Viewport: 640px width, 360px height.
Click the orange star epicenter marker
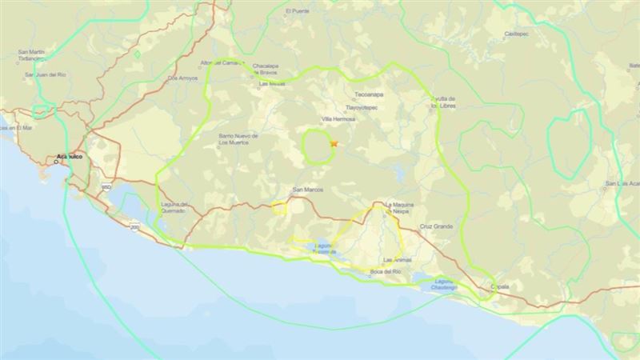pos(334,143)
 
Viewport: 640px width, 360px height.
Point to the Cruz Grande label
pos(437,226)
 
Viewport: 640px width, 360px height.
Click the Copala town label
pos(499,286)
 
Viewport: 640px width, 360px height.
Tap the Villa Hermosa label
pos(338,119)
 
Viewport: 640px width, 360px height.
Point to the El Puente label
pos(298,11)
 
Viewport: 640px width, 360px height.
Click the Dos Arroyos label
pos(182,78)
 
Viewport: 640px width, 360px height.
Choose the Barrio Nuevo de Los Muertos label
pos(238,140)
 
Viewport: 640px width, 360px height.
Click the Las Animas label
pos(398,260)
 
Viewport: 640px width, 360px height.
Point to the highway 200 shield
pos(134,226)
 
